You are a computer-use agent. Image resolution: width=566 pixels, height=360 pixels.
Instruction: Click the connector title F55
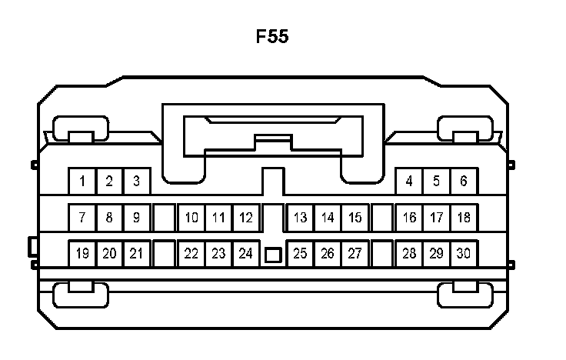click(x=272, y=36)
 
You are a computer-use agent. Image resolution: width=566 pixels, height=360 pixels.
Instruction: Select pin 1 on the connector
click(x=82, y=182)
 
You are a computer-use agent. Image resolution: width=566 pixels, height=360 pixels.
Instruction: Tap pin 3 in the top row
click(x=136, y=182)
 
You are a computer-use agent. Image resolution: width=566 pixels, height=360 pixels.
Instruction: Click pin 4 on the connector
click(x=409, y=182)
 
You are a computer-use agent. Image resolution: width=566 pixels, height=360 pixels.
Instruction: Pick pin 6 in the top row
click(x=463, y=182)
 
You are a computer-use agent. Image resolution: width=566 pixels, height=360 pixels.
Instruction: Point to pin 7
click(x=82, y=218)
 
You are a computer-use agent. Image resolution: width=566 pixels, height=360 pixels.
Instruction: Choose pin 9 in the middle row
click(x=136, y=218)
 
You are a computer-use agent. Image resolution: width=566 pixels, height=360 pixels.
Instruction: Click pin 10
click(x=191, y=218)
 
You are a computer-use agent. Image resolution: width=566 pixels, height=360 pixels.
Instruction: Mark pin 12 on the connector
click(x=245, y=218)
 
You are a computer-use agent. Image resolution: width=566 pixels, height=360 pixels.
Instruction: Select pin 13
click(x=300, y=218)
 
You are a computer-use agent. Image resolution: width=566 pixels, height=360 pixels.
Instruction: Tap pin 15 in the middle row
click(x=355, y=218)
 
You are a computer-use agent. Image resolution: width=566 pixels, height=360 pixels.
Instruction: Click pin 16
click(x=409, y=218)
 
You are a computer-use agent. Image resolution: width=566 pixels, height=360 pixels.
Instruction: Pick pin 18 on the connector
click(x=463, y=218)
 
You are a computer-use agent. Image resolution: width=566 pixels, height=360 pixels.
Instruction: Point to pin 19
click(x=82, y=253)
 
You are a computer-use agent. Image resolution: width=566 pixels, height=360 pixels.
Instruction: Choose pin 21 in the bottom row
click(x=136, y=253)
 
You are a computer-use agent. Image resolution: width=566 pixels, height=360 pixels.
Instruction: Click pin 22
click(x=191, y=253)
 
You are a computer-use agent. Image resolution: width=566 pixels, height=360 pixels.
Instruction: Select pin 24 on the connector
click(x=245, y=253)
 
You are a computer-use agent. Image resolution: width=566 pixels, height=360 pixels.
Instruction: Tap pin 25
click(x=300, y=253)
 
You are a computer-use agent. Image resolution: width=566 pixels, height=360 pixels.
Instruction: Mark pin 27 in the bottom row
click(x=355, y=253)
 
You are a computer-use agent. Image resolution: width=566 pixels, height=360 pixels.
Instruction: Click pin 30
click(x=463, y=253)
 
